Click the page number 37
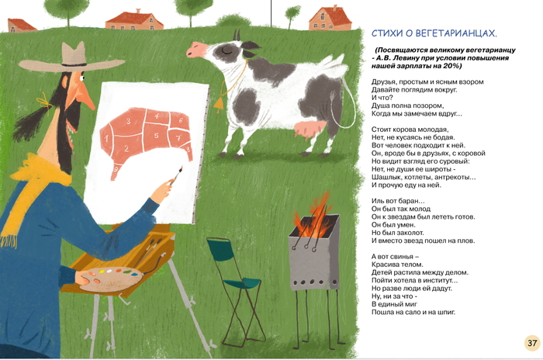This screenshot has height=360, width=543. click(x=532, y=343)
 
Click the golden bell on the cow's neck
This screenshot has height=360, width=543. click(x=219, y=104)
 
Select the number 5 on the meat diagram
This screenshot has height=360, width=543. click(x=157, y=135)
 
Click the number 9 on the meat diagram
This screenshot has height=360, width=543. click(x=116, y=169)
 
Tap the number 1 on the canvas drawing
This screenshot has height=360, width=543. click(x=107, y=139)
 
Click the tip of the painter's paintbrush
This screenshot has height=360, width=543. click(x=181, y=168)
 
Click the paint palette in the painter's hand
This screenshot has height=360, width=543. click(x=112, y=279)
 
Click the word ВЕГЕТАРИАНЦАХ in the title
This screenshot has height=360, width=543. click(x=456, y=33)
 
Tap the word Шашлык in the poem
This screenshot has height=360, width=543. click(x=385, y=177)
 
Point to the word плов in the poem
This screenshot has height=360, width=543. click(x=465, y=241)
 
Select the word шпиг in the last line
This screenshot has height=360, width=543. click(x=446, y=312)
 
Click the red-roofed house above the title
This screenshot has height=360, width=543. click(x=330, y=19)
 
